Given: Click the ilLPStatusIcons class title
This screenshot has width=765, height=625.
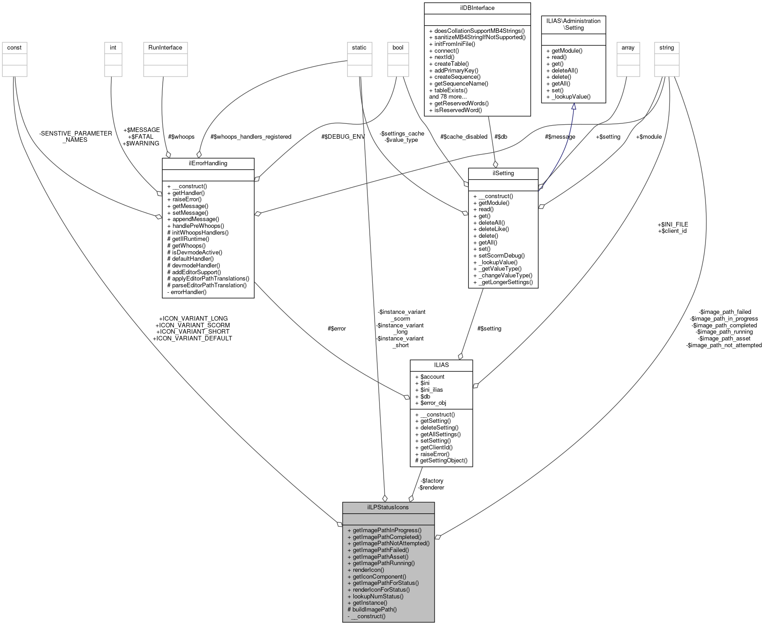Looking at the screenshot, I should pyautogui.click(x=388, y=507).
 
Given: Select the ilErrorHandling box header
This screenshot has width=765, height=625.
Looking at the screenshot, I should pyautogui.click(x=208, y=163).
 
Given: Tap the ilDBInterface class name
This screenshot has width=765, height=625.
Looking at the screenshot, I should pyautogui.click(x=477, y=8).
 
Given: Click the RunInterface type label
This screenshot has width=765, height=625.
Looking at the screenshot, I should pyautogui.click(x=165, y=48).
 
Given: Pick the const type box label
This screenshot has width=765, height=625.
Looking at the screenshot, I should pyautogui.click(x=14, y=48).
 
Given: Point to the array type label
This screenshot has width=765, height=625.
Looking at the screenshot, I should pyautogui.click(x=628, y=48).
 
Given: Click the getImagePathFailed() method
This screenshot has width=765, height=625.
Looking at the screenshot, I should pyautogui.click(x=380, y=550).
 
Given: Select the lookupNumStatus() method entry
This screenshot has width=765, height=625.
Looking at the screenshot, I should pyautogui.click(x=378, y=596).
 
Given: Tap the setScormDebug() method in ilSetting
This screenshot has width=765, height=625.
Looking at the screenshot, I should pyautogui.click(x=499, y=255).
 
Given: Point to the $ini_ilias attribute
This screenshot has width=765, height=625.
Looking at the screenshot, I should pyautogui.click(x=429, y=389).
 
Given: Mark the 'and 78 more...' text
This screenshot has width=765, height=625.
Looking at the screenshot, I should pyautogui.click(x=448, y=97).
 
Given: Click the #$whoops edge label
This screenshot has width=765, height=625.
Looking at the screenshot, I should pyautogui.click(x=181, y=136).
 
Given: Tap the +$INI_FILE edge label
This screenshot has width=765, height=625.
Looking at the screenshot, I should pyautogui.click(x=673, y=224).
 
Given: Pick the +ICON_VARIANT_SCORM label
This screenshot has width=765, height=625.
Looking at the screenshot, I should pyautogui.click(x=192, y=325).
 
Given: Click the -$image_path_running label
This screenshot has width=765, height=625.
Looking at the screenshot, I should pyautogui.click(x=724, y=332).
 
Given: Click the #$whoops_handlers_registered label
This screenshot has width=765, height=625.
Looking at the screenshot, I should pyautogui.click(x=251, y=136).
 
